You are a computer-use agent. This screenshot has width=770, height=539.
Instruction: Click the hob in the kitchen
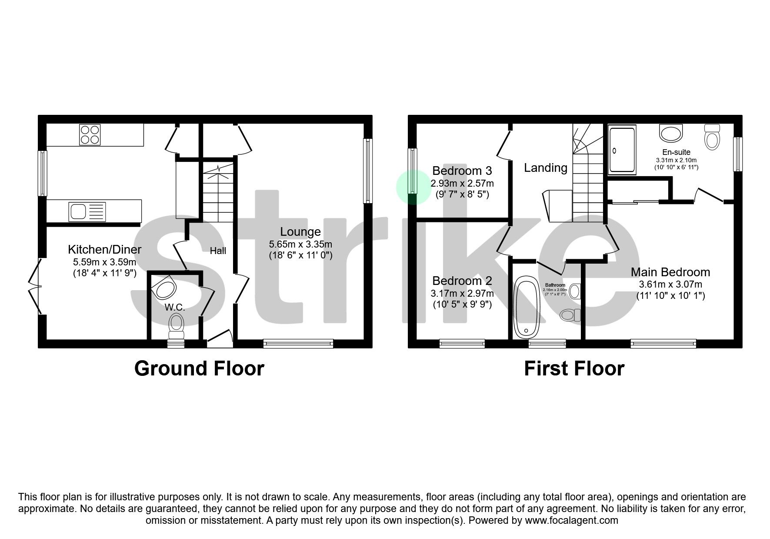coord(90,134)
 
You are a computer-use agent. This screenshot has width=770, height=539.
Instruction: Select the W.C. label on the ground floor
coord(175,307)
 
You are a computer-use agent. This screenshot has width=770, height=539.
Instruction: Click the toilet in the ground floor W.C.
coord(176,326)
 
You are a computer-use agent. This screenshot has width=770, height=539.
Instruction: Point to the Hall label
coord(218,251)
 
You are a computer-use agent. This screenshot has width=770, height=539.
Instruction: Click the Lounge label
coord(300,232)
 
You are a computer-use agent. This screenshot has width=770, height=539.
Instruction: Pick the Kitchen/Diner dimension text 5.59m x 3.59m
coord(104,262)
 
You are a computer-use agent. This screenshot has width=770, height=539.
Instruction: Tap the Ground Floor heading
coord(199,368)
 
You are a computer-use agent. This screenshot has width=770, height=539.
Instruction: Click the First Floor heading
coord(574,368)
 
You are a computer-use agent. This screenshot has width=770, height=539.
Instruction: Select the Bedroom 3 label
coord(462,171)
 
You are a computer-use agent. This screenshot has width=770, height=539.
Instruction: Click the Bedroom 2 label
coord(462,281)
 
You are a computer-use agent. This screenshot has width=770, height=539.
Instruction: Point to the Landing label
coord(546,168)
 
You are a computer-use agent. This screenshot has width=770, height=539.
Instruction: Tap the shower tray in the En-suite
coord(622,149)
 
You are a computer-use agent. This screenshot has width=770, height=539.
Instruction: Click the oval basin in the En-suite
coord(671,133)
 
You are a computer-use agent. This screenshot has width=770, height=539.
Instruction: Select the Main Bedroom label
coord(670,272)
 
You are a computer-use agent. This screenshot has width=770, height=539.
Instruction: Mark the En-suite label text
coord(676,152)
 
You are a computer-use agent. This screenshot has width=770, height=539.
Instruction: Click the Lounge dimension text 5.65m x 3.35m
coord(300,244)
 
